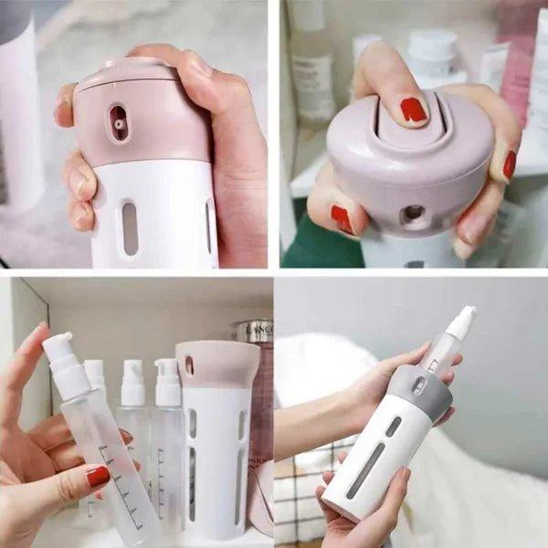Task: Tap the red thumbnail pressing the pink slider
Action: coord(413,111)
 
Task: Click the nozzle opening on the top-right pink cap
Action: coord(412,214)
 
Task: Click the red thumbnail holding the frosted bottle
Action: coord(97,476)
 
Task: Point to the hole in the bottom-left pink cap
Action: coord(189,364)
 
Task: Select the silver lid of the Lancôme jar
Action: coord(255,331)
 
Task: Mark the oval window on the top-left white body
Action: coord(130,228)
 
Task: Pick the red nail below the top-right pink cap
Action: coord(342,219)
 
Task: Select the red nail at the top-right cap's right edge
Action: coord(509,164)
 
